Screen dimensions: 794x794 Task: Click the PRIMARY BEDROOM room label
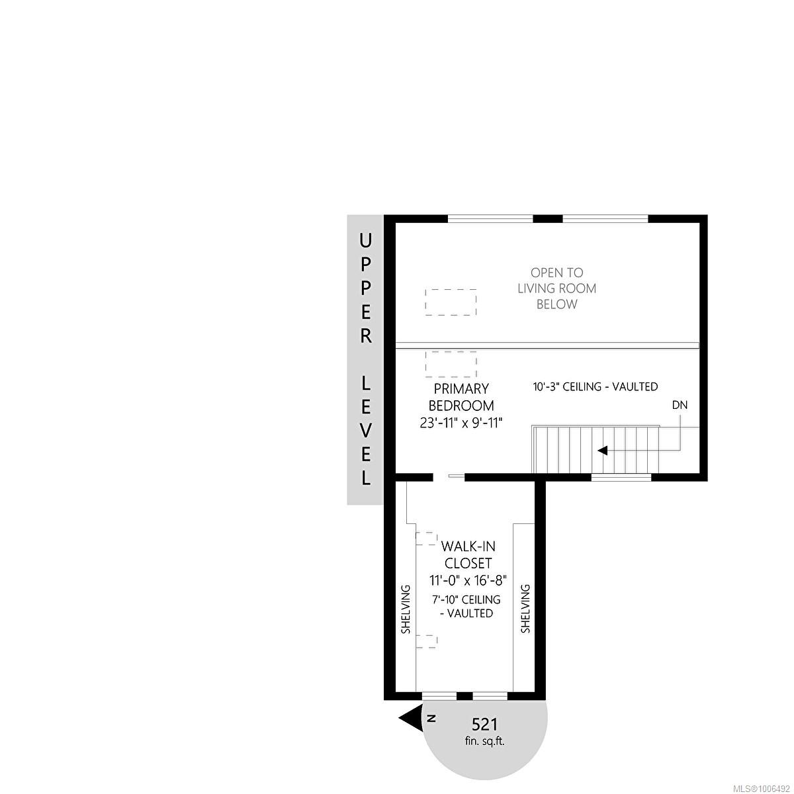461,397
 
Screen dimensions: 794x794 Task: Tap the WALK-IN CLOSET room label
467,555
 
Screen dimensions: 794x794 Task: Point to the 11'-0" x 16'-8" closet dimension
467,580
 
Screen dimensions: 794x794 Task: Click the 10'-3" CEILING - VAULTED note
595,386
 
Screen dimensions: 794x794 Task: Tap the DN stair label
680,405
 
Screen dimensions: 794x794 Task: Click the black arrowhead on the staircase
603,451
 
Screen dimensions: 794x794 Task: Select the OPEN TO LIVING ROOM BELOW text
556,288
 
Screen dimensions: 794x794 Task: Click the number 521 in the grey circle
484,724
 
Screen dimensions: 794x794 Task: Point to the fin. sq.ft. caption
484,741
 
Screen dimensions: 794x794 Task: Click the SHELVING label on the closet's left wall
406,609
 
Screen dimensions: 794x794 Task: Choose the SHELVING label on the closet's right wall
526,609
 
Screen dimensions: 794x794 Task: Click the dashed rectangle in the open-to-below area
451,302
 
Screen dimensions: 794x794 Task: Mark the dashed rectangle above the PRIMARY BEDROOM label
451,364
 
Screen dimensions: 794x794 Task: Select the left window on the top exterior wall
490,219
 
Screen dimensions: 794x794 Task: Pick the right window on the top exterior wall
605,219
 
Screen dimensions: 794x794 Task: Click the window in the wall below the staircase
621,477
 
